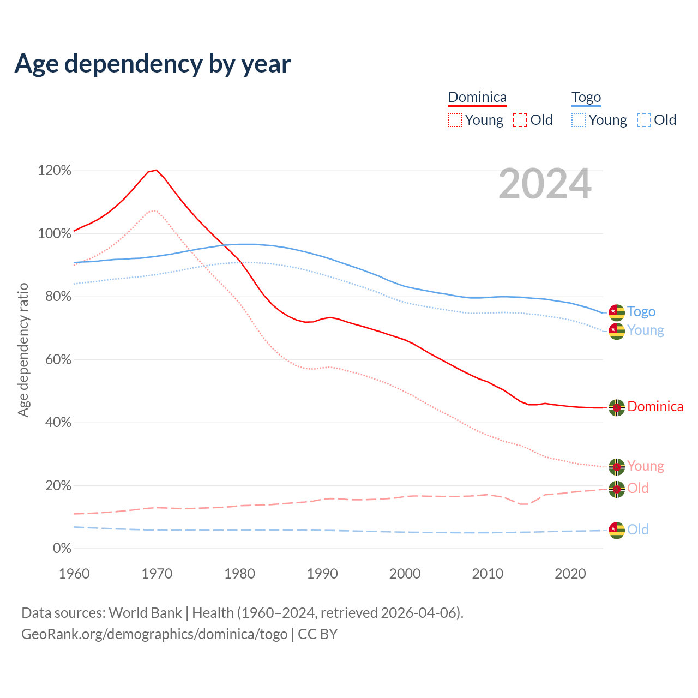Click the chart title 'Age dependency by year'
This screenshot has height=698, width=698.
tap(153, 63)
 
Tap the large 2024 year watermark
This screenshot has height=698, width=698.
tap(545, 184)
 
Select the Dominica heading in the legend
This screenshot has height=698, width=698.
tap(477, 97)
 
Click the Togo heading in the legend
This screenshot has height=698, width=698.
tap(586, 97)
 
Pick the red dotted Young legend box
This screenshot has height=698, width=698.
tap(454, 120)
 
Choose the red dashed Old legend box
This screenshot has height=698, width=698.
tap(520, 120)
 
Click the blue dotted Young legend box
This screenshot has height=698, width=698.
tap(579, 120)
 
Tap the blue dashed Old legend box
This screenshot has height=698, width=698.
tap(644, 120)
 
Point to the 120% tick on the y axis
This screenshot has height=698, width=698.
tap(55, 171)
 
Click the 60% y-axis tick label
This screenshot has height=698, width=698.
tap(55, 360)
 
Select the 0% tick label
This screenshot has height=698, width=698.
tap(62, 549)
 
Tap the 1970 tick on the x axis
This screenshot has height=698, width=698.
tap(157, 574)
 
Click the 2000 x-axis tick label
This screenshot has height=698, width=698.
tap(405, 574)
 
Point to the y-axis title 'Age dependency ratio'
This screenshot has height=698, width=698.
tap(23, 350)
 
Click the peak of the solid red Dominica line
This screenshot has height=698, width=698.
tap(157, 170)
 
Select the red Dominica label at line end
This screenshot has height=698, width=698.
tap(655, 406)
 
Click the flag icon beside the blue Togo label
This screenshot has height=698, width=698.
tap(617, 312)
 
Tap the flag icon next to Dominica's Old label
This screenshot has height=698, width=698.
tap(617, 489)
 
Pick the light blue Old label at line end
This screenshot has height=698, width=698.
tap(637, 529)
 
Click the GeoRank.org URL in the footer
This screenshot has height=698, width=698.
tap(154, 634)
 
